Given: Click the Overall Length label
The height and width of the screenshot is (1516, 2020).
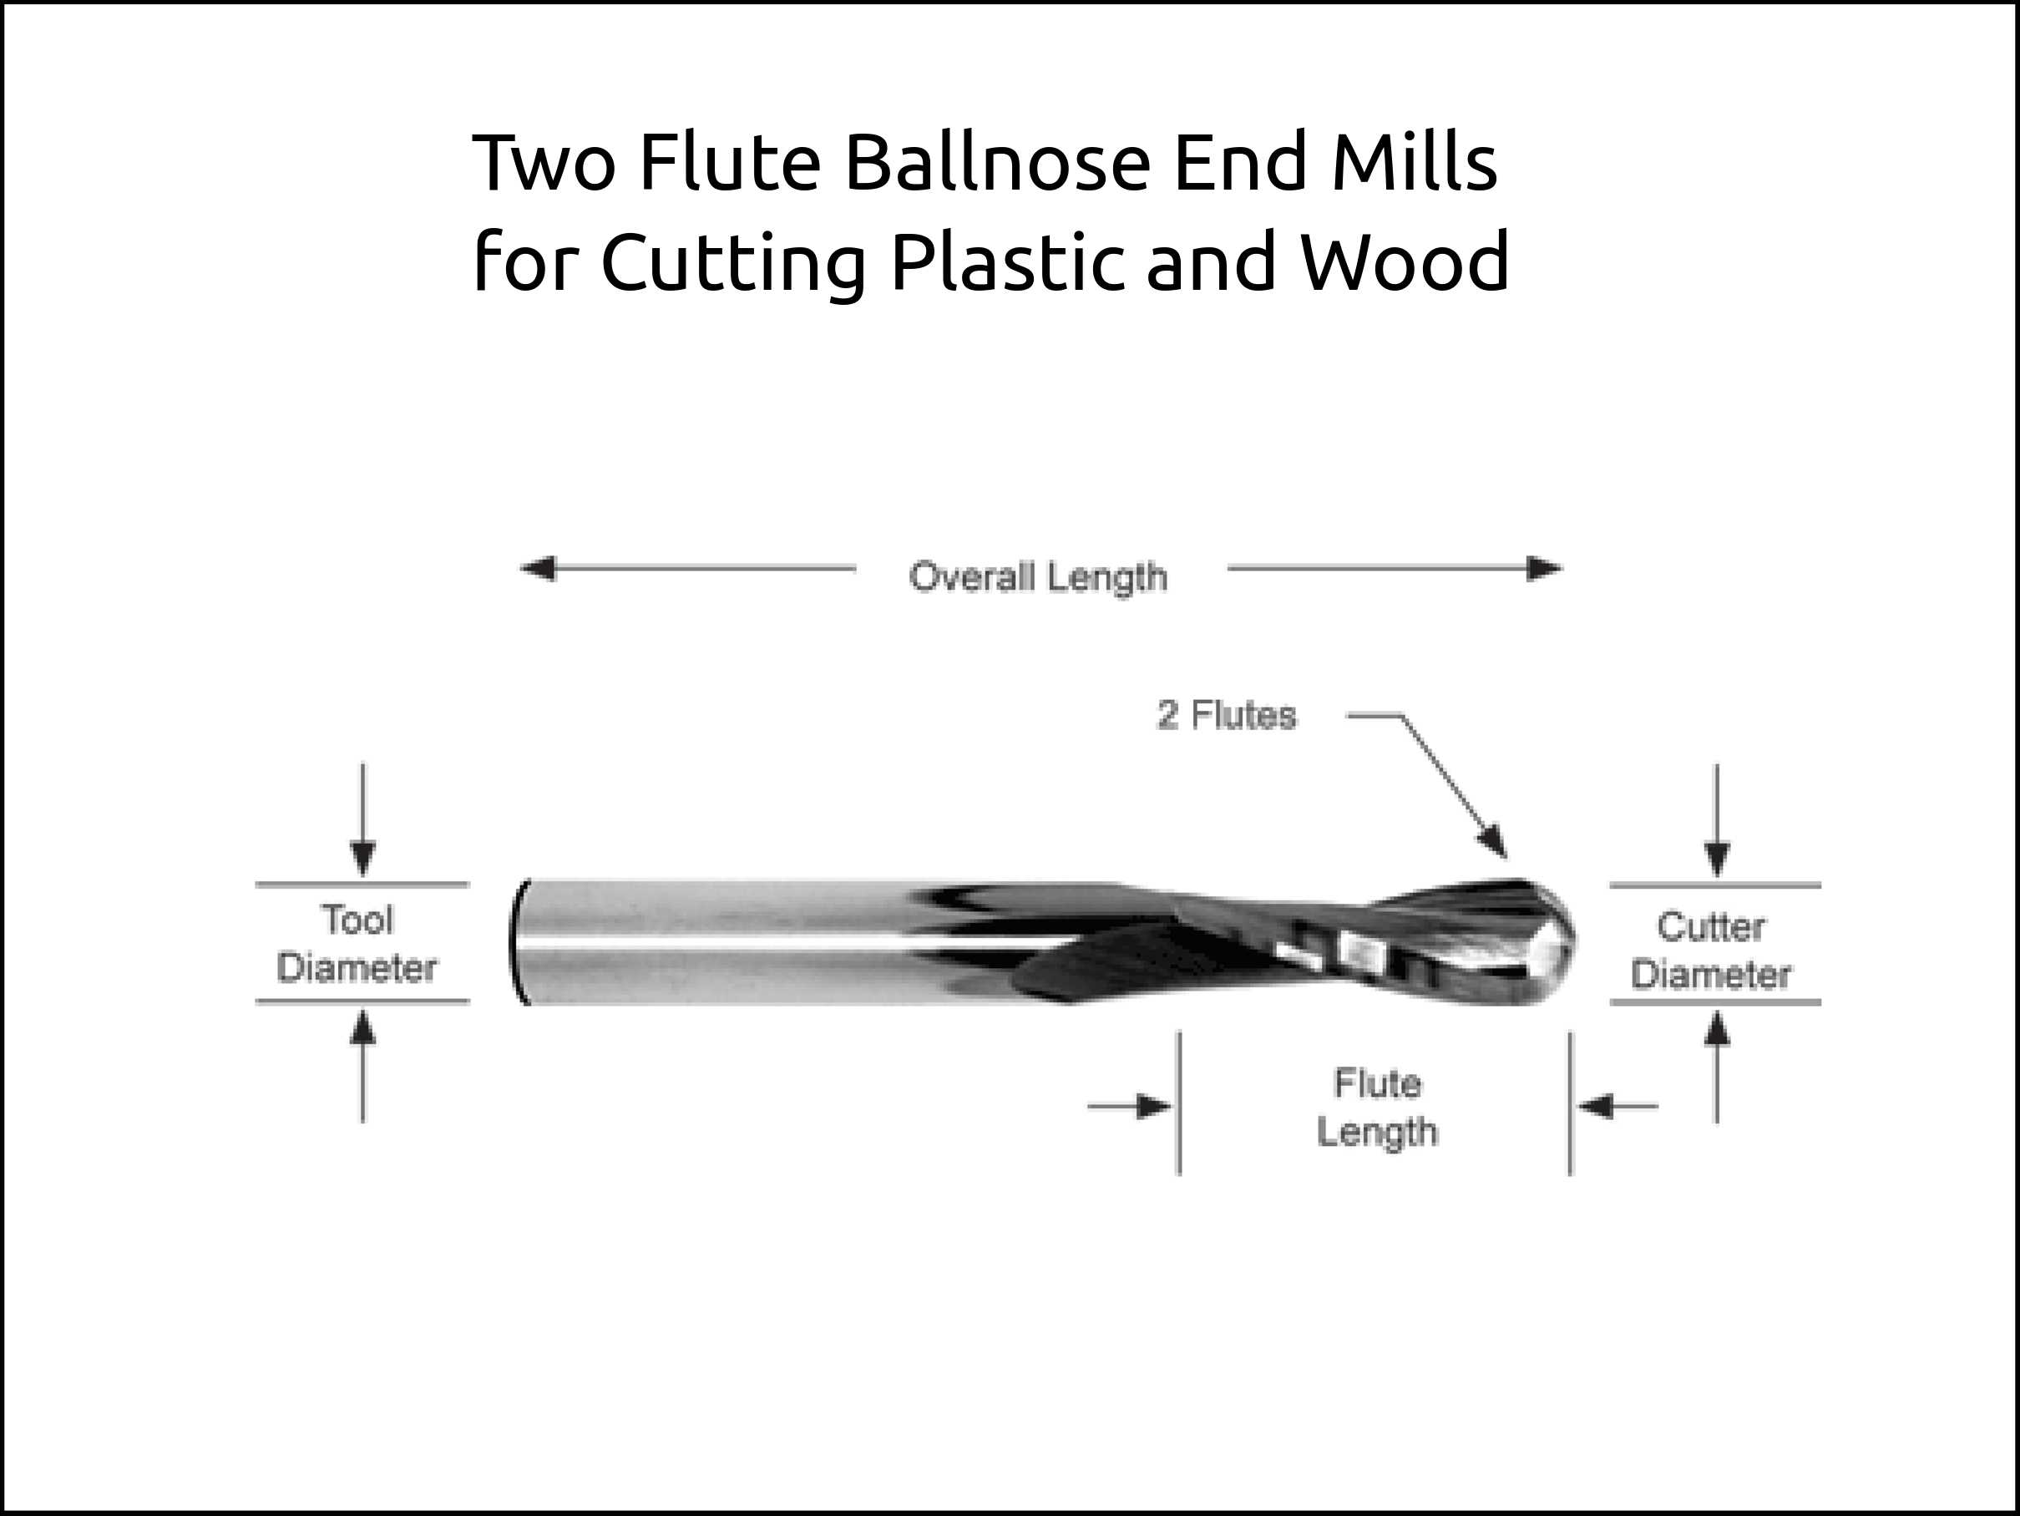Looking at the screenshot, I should coord(1038,577).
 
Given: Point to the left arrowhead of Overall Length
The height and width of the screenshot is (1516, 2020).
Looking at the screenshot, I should coord(538,568).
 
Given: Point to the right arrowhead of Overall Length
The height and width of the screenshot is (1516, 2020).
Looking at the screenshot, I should coord(1544,568).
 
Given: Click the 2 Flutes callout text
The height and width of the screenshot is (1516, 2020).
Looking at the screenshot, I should coord(1227,715).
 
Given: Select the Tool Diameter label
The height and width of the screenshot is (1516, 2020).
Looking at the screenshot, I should coord(357,943).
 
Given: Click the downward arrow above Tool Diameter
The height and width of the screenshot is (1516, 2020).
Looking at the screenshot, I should coord(362,859).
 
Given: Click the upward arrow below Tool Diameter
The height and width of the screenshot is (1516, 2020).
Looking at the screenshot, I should coord(362,1027).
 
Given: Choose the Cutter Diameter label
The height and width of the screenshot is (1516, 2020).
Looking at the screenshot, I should coord(1710,951).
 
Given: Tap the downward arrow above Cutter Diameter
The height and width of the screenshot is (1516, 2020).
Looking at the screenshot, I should coord(1717,859).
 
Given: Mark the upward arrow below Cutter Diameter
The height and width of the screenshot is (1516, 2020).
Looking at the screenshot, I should coord(1717,1027).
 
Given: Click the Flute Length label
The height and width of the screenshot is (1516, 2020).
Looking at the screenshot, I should coord(1377,1108).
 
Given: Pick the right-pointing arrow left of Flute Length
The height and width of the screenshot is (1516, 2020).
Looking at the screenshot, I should coord(1152,1106).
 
